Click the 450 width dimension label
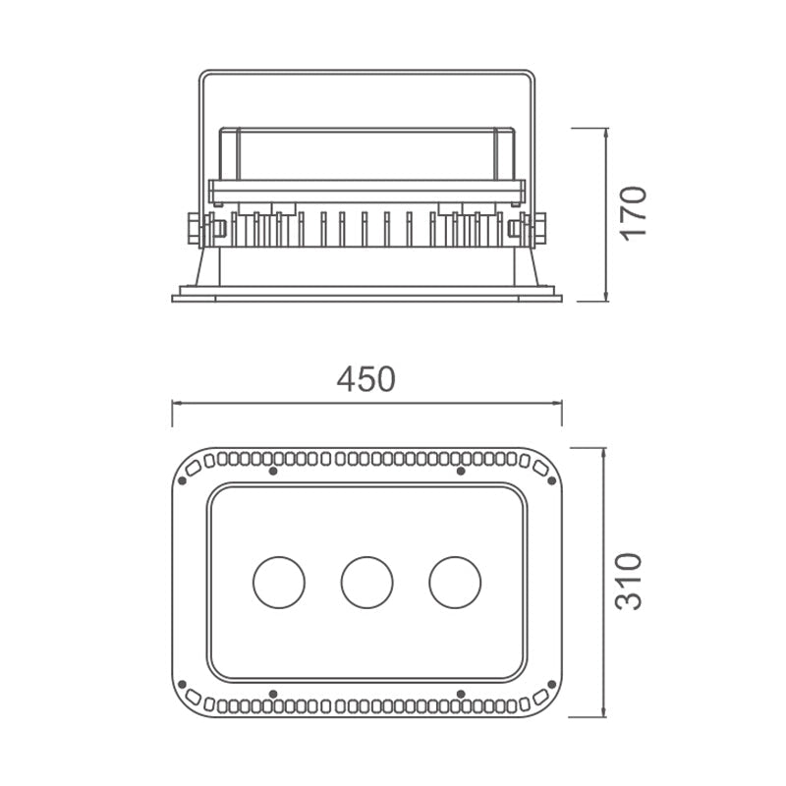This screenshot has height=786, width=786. pyautogui.click(x=365, y=379)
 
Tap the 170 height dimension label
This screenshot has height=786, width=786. pyautogui.click(x=633, y=213)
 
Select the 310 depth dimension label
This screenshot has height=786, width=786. pyautogui.click(x=628, y=582)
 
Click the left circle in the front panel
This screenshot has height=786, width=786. pyautogui.click(x=279, y=583)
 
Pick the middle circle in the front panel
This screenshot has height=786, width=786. pyautogui.click(x=366, y=583)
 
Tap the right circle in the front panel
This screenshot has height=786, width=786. pyautogui.click(x=455, y=583)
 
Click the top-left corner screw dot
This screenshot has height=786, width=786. pyautogui.click(x=182, y=480)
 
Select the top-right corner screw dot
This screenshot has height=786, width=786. pyautogui.click(x=552, y=480)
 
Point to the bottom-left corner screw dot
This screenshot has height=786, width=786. pyautogui.click(x=182, y=684)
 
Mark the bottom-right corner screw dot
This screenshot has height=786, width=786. pyautogui.click(x=552, y=684)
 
